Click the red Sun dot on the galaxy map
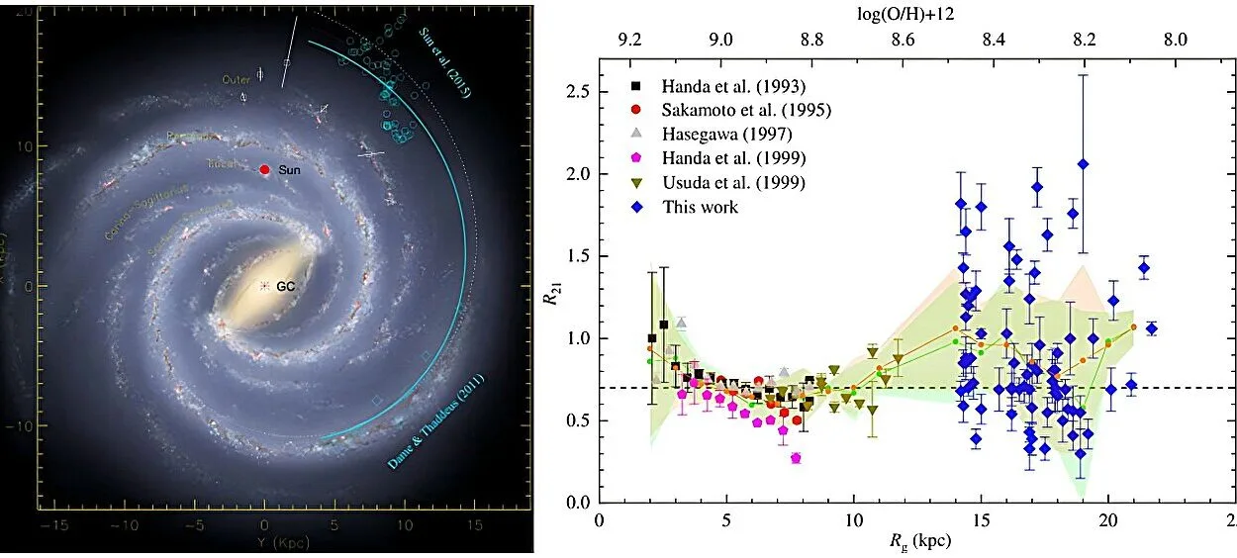pos(264,169)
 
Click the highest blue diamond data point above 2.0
pos(1084,164)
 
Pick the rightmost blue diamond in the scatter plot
pos(1151,328)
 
